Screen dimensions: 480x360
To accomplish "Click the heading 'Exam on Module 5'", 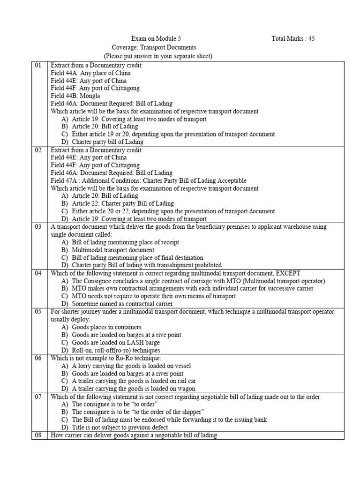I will (154, 38).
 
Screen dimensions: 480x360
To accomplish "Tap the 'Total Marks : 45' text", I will (293, 38).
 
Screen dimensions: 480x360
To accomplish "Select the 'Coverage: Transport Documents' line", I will (154, 47).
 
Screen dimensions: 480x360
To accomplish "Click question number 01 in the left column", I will (38, 66).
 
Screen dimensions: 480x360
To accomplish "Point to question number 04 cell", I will (38, 273).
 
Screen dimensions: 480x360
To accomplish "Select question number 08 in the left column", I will (38, 435).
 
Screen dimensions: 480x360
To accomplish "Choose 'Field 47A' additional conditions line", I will (148, 180).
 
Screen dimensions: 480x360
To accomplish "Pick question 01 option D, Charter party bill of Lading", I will (107, 142).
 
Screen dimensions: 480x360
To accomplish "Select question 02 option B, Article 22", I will (122, 203).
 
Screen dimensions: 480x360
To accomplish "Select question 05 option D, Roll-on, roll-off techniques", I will (116, 350).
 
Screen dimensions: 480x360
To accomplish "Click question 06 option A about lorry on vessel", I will (125, 366).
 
